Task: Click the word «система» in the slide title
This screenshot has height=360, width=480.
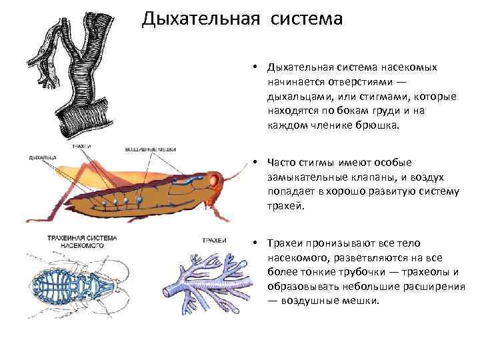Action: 306,18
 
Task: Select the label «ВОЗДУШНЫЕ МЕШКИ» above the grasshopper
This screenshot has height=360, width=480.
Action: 149,149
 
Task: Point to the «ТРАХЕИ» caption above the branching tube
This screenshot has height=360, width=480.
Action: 214,240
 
